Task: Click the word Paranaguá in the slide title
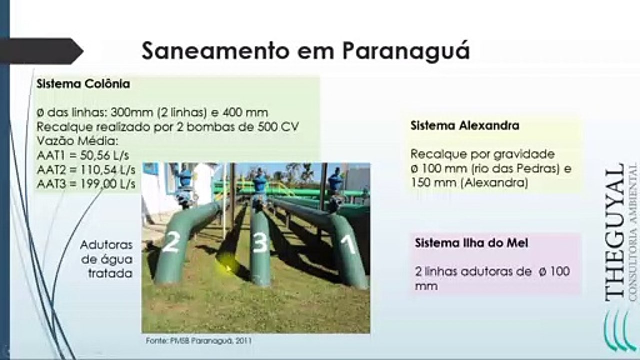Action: point(406,51)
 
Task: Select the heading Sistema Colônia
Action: point(83,84)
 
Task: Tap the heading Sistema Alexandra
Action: point(465,125)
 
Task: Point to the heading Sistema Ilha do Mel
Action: point(471,243)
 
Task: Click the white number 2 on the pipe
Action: point(170,242)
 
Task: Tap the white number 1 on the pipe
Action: point(348,244)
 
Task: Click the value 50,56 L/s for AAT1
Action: point(104,155)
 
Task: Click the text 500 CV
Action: point(278,127)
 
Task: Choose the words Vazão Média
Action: point(77,141)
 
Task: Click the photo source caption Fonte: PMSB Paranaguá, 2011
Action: point(199,341)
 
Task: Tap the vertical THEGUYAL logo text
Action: point(614,232)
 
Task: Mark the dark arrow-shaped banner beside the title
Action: point(41,51)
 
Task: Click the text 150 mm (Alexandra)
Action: point(469,183)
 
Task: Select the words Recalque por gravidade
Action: point(483,154)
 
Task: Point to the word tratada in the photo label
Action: point(111,273)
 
